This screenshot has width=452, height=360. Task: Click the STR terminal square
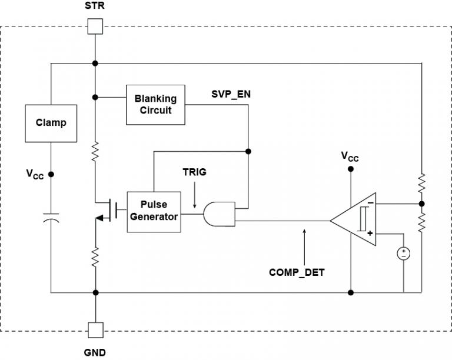[95, 26]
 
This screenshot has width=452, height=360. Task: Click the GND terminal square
[95, 330]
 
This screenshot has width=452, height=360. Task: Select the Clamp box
[51, 123]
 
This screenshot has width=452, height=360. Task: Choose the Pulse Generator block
[153, 211]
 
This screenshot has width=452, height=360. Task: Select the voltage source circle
[404, 254]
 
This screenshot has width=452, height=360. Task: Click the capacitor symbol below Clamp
[51, 220]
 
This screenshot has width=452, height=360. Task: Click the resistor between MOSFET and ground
[95, 256]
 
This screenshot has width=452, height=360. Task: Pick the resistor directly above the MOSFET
[95, 154]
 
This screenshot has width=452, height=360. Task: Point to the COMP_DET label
[298, 272]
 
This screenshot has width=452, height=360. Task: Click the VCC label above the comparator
[350, 156]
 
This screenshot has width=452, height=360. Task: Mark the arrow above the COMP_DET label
[304, 244]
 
